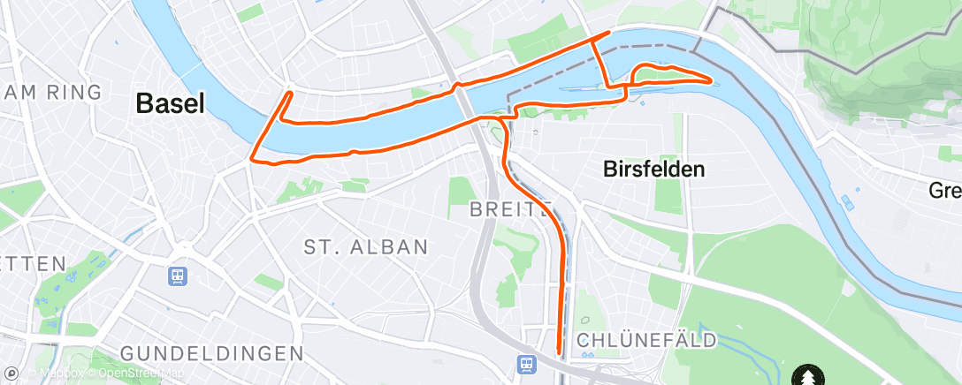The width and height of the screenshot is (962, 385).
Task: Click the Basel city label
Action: point(170,103)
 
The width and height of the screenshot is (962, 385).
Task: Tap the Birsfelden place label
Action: point(653,169)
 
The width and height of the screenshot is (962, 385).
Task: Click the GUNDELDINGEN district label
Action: point(211,353)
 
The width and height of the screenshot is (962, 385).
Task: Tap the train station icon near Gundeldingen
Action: point(179,276)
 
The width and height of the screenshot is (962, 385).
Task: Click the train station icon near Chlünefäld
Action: point(528,364)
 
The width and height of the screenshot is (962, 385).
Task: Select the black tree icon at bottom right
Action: point(807,374)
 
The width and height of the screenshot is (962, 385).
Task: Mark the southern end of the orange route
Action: point(559,352)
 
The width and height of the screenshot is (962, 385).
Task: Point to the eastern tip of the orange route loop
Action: point(713,80)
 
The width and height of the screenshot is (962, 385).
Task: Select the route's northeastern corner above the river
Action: point(609,33)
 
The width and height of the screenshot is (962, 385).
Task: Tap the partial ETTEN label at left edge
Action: point(33,263)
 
